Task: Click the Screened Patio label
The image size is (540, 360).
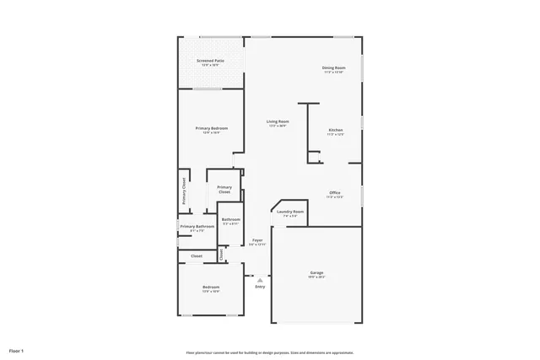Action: point(210,62)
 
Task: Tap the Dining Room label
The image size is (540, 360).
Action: point(334,68)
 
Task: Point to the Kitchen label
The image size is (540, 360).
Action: point(335,131)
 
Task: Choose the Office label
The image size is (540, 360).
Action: point(335,194)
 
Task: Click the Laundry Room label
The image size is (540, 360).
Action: point(290,212)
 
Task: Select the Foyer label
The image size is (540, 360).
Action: point(257,241)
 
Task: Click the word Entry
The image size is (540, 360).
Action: point(260,287)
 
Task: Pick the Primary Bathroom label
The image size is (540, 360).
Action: point(196,227)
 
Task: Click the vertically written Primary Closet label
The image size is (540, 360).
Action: point(183,191)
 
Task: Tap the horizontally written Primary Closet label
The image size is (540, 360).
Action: point(224,189)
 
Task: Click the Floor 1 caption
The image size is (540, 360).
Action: point(17,350)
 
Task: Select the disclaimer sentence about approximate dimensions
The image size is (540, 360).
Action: point(269,352)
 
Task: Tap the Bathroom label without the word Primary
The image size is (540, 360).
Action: point(231,221)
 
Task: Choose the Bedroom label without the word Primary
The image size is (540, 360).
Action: point(211,288)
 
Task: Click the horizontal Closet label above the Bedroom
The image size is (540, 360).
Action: point(196,255)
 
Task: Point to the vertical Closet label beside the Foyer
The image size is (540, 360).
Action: point(221,253)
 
